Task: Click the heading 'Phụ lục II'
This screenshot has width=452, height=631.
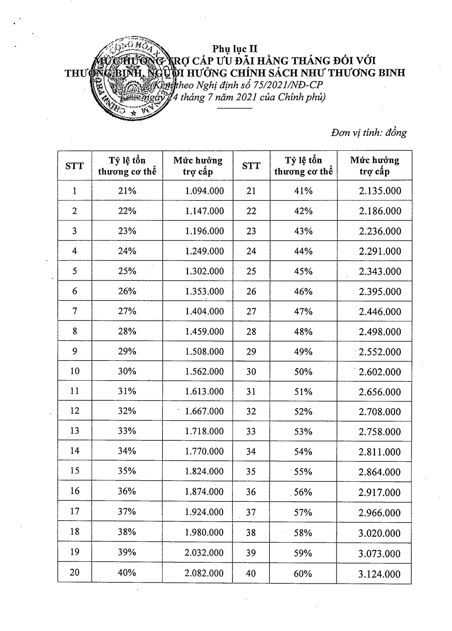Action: (x=235, y=49)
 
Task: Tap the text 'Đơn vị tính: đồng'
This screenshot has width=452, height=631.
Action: (x=369, y=132)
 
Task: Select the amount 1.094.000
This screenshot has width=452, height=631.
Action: (x=204, y=191)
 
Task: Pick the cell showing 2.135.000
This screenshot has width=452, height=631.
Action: (x=380, y=191)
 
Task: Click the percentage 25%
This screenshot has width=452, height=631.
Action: (x=127, y=271)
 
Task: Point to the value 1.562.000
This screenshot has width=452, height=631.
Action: (x=204, y=371)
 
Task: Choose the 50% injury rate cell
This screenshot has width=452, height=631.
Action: (x=303, y=372)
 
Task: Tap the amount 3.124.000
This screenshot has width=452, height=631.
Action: (x=379, y=574)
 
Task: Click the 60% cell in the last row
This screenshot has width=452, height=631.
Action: (x=303, y=573)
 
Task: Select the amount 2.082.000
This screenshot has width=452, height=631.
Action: (x=204, y=573)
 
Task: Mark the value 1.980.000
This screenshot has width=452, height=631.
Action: (x=204, y=532)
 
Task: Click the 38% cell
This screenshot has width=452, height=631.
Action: (x=127, y=532)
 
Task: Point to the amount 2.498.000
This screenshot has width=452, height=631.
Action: (x=380, y=332)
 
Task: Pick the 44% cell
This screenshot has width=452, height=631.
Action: (x=303, y=251)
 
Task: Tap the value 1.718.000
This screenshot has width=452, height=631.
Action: (x=204, y=431)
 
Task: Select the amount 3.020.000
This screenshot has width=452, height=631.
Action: (x=379, y=533)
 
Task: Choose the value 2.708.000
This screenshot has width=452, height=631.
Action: (x=379, y=411)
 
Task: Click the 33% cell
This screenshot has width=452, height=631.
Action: (x=127, y=431)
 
